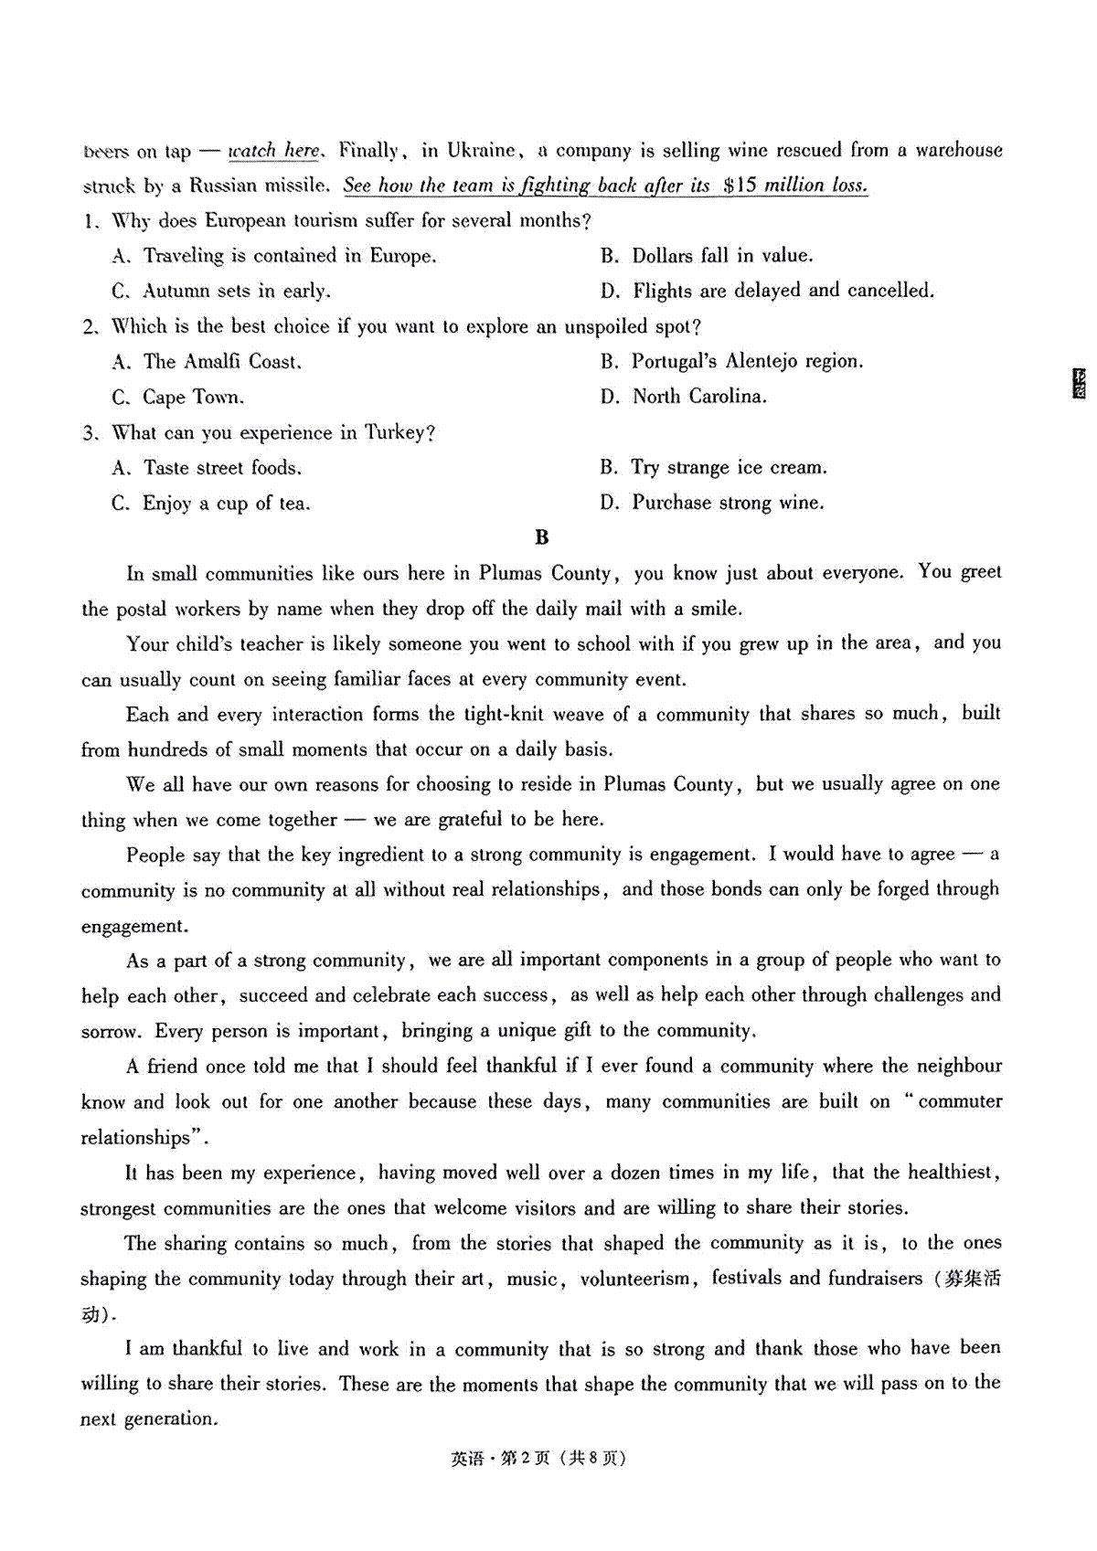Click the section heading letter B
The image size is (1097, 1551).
[x=542, y=538]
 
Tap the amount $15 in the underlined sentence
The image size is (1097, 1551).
[x=739, y=186]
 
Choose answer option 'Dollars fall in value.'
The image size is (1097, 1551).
[x=722, y=256]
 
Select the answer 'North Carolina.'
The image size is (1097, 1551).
[x=699, y=397]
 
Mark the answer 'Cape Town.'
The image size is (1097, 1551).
[x=193, y=398]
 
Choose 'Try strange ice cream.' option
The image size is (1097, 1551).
[x=729, y=468]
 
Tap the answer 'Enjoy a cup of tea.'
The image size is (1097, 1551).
[x=226, y=504]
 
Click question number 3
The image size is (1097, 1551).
[x=89, y=433]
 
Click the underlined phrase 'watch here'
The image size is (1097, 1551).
[x=274, y=151]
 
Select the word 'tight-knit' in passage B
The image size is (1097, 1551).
[x=505, y=715]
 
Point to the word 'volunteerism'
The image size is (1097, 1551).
[x=635, y=1279]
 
